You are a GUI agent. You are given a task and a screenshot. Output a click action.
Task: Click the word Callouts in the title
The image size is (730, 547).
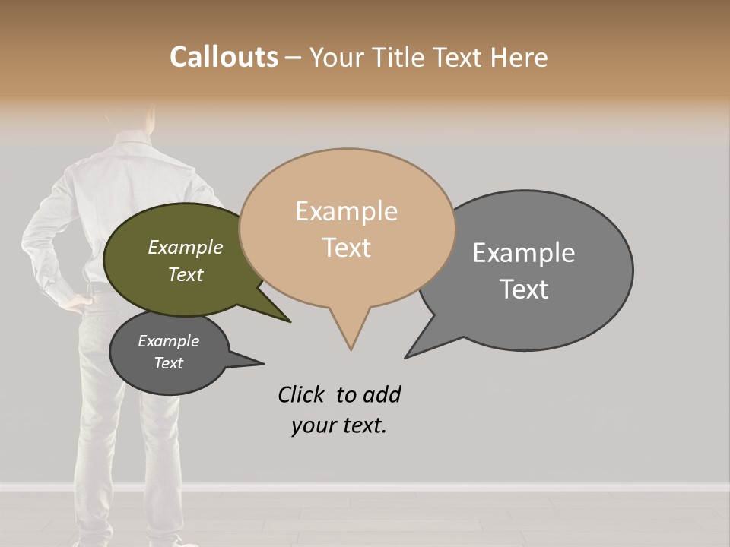(x=224, y=57)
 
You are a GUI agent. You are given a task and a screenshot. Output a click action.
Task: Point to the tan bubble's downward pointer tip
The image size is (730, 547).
(x=351, y=347)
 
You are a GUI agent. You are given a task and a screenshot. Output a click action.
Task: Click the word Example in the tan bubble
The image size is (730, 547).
(x=346, y=210)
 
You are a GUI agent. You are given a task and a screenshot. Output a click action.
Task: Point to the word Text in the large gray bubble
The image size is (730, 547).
(x=524, y=289)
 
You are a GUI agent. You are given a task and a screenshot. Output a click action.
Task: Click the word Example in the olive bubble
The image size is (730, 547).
(x=185, y=248)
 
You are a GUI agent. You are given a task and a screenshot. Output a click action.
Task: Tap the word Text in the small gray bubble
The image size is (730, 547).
(x=169, y=363)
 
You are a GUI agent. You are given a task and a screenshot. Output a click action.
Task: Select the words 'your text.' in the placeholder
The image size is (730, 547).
(x=338, y=425)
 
